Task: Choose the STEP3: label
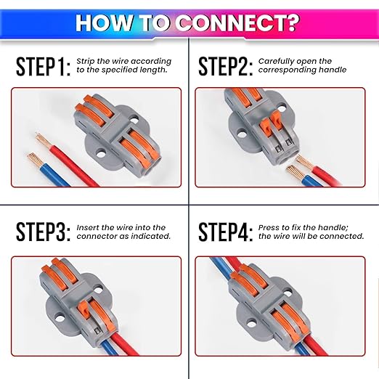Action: [x=43, y=232]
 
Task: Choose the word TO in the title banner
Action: [x=158, y=21]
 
